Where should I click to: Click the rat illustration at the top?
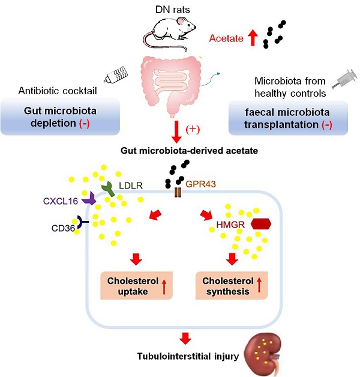tap(174, 29)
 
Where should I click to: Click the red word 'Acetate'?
tap(226, 40)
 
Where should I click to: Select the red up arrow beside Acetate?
tap(253, 39)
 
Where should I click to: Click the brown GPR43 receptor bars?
tap(177, 193)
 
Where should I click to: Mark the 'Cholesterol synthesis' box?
tap(230, 285)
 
